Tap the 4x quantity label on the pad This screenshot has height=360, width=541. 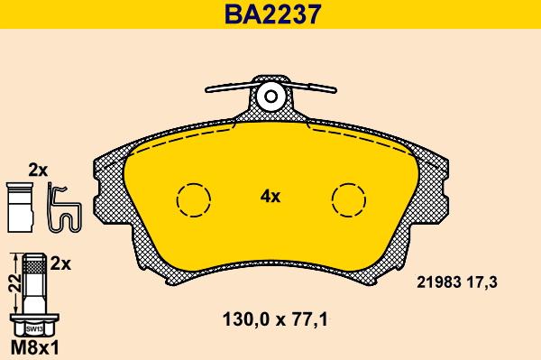point(270,195)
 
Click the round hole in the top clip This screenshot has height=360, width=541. point(270,97)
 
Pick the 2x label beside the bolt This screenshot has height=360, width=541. point(61,263)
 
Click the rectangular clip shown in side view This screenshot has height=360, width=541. point(19,207)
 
